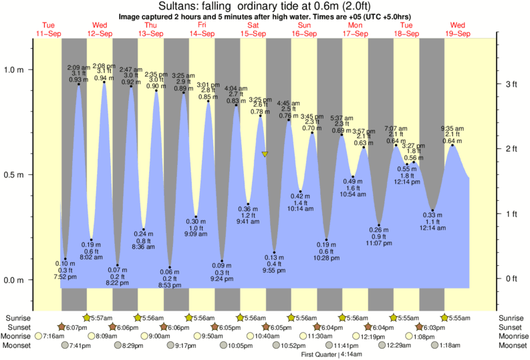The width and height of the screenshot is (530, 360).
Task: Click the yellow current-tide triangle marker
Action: click(265, 154)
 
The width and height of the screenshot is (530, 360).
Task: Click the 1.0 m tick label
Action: click(15, 69)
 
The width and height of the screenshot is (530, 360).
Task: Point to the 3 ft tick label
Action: click(511, 84)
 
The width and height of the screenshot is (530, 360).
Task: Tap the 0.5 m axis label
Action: click(15, 175)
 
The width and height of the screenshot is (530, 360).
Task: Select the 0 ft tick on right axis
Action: click(511, 279)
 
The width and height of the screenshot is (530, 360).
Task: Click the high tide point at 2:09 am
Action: click(79, 83)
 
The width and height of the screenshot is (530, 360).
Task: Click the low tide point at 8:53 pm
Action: click(170, 267)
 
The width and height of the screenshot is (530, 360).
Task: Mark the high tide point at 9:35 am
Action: click(453, 145)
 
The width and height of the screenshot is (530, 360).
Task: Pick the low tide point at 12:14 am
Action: click(433, 210)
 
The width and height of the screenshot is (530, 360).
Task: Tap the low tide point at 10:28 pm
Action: click(326, 239)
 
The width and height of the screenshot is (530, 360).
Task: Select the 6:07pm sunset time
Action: click(79, 327)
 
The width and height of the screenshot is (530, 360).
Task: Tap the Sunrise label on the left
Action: click(17, 318)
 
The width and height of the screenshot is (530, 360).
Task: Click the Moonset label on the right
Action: click(511, 345)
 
